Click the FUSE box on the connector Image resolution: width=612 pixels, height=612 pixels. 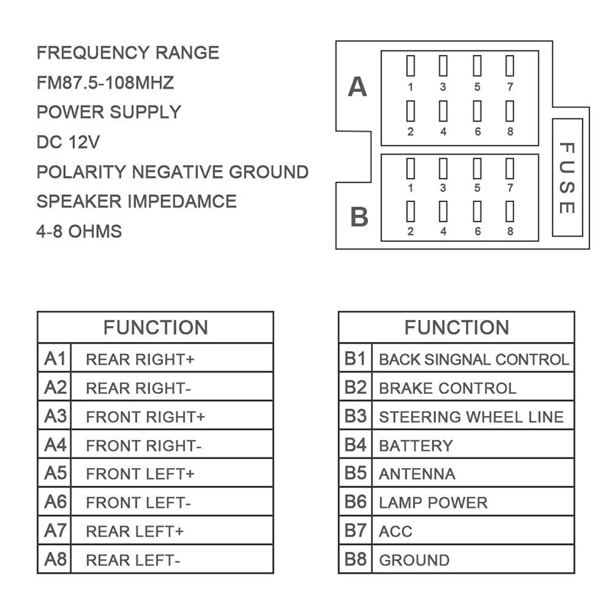coord(567,177)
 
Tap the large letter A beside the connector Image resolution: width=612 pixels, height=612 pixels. coord(357,87)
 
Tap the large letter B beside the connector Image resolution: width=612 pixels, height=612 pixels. coord(359,216)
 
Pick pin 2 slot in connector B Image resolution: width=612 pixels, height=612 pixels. coord(411,212)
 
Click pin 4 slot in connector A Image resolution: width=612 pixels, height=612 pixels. coord(443,111)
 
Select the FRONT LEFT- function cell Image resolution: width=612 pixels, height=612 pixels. coord(138,503)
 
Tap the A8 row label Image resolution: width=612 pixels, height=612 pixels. coord(56,559)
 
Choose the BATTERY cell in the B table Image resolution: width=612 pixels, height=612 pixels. coord(415,445)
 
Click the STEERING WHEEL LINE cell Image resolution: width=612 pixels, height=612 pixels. coord(471,417)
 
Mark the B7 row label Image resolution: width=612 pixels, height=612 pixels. coord(356,531)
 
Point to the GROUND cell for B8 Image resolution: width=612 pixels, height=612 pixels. coord(414,560)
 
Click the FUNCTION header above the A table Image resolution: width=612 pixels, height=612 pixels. coord(155,327)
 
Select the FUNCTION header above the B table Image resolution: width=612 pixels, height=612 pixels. coord(456,327)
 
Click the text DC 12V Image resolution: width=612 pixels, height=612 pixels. coord(68,142)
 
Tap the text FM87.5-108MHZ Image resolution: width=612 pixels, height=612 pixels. coord(105,83)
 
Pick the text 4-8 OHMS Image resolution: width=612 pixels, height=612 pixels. coord(79,231)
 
